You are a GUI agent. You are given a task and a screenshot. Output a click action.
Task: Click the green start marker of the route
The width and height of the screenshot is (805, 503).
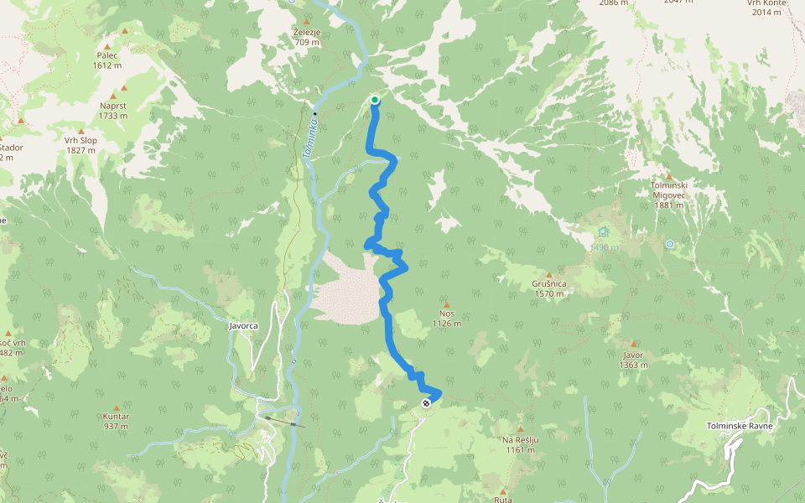(374, 101)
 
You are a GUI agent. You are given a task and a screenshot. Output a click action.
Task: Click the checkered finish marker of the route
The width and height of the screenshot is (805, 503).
(427, 403)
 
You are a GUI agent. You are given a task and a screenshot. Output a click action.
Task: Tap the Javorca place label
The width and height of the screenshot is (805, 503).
(243, 325)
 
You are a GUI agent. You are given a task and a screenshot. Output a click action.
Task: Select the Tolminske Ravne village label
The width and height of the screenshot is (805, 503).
(740, 426)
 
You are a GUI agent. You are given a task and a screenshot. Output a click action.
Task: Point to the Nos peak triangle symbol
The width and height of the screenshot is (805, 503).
(447, 305)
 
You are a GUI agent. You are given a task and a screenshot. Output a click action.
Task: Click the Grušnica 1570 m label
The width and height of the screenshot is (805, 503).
(549, 288)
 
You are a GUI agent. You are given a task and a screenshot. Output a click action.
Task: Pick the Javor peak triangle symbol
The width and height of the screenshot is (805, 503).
(634, 343)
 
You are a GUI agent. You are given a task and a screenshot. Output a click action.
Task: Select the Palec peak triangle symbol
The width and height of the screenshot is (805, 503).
(126, 32)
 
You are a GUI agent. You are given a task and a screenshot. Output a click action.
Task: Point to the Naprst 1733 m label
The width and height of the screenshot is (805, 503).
(113, 110)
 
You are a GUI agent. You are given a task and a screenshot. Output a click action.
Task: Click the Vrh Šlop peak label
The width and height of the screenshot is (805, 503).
(80, 145)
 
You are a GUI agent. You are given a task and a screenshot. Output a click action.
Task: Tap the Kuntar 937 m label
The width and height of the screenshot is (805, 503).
(115, 421)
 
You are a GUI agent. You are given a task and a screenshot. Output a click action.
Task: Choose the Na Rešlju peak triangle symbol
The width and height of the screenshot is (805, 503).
(520, 428)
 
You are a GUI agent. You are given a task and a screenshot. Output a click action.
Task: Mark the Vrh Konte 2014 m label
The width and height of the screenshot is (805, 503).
(768, 8)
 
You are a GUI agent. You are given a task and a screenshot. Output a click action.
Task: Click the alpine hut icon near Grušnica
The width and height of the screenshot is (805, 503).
(604, 232)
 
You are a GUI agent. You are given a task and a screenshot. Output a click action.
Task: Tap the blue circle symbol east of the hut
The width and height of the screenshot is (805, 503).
(670, 244)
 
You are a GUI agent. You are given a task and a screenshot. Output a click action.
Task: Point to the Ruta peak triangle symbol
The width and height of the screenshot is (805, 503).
(503, 491)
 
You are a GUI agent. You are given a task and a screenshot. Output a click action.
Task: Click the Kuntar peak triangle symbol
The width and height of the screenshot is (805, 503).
(116, 408)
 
